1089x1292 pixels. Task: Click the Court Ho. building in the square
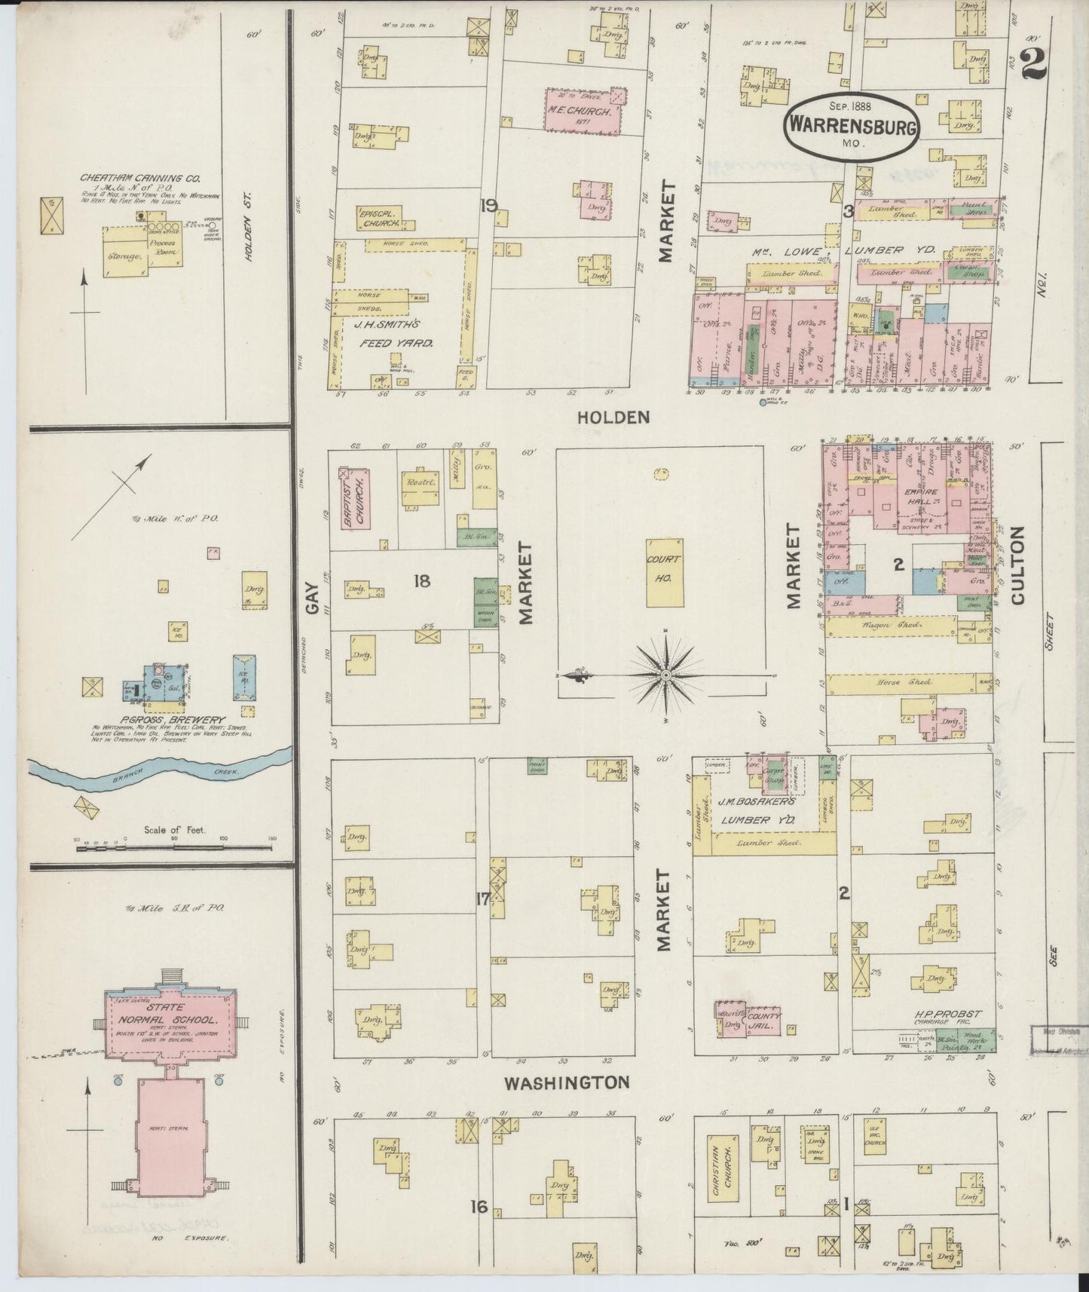[665, 572]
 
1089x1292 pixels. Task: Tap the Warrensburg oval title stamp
[852, 126]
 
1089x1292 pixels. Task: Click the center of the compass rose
[665, 675]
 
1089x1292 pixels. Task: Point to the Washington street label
[566, 1082]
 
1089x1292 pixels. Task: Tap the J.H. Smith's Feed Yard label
[394, 334]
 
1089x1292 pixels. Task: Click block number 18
[421, 580]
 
